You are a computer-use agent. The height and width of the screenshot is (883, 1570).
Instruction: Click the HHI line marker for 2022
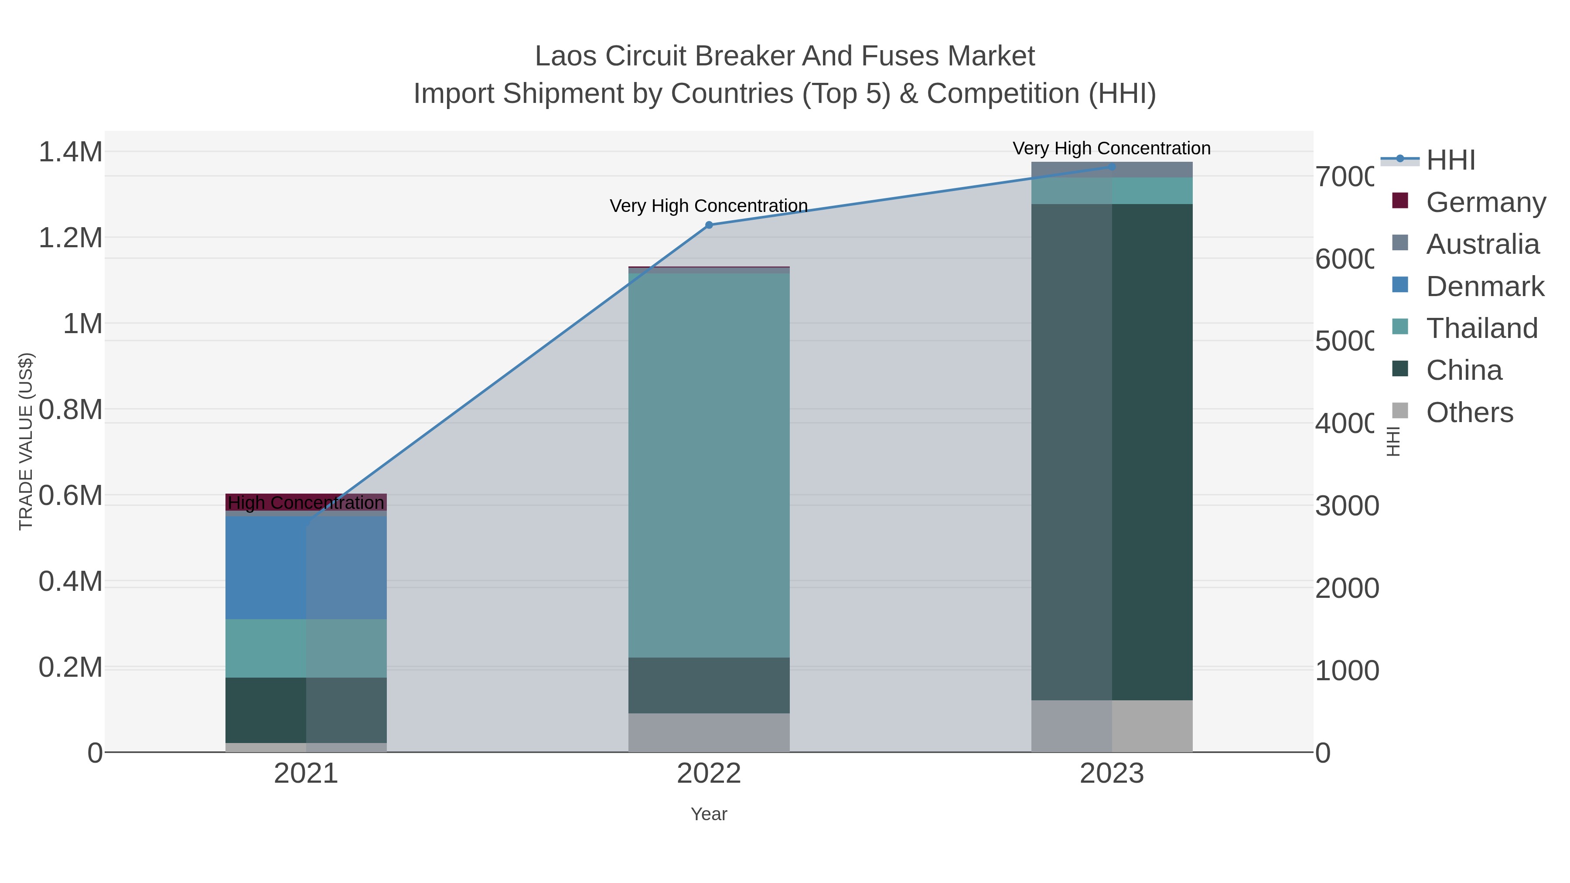click(709, 225)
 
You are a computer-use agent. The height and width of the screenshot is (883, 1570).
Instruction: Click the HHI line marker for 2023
click(1112, 167)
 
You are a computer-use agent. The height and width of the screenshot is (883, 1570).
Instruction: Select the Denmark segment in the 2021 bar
click(306, 567)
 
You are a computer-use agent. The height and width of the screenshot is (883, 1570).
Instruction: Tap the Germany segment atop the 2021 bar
click(306, 497)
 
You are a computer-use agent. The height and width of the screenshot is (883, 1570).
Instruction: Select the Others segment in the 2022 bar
click(709, 733)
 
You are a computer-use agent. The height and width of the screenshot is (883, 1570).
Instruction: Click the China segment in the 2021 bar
click(306, 710)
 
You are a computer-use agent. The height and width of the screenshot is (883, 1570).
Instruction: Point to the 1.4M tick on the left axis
click(71, 152)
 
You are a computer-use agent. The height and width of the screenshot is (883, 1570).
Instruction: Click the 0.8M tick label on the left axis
click(71, 409)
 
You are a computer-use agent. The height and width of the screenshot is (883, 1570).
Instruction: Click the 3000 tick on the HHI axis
click(1346, 506)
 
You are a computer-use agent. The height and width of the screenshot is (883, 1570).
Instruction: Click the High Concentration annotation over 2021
click(306, 503)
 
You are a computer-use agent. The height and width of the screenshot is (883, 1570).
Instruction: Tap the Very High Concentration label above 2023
click(1112, 148)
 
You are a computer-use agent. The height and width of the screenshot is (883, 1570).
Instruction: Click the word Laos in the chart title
click(565, 56)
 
